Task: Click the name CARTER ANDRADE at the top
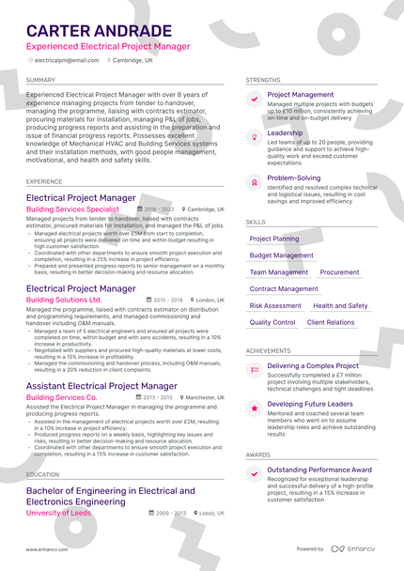pyautogui.click(x=99, y=31)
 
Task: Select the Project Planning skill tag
pyautogui.click(x=274, y=239)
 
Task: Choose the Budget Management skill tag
pyautogui.click(x=282, y=255)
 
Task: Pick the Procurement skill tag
pyautogui.click(x=339, y=272)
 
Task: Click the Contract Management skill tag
pyautogui.click(x=284, y=289)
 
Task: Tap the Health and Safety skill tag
pyautogui.click(x=340, y=306)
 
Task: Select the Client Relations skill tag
pyautogui.click(x=331, y=323)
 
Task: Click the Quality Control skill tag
pyautogui.click(x=272, y=323)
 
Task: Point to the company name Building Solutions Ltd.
pyautogui.click(x=64, y=300)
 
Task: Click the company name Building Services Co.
pyautogui.click(x=61, y=397)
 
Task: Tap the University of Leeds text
pyautogui.click(x=58, y=514)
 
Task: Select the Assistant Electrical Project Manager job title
pyautogui.click(x=101, y=386)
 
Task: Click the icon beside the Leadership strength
pyautogui.click(x=254, y=136)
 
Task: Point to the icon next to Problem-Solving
pyautogui.click(x=254, y=181)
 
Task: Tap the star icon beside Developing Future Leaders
pyautogui.click(x=254, y=407)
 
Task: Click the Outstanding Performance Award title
pyautogui.click(x=319, y=470)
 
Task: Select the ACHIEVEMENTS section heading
pyautogui.click(x=268, y=350)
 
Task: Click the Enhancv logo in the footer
pyautogui.click(x=352, y=548)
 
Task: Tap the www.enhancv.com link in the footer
pyautogui.click(x=45, y=548)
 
